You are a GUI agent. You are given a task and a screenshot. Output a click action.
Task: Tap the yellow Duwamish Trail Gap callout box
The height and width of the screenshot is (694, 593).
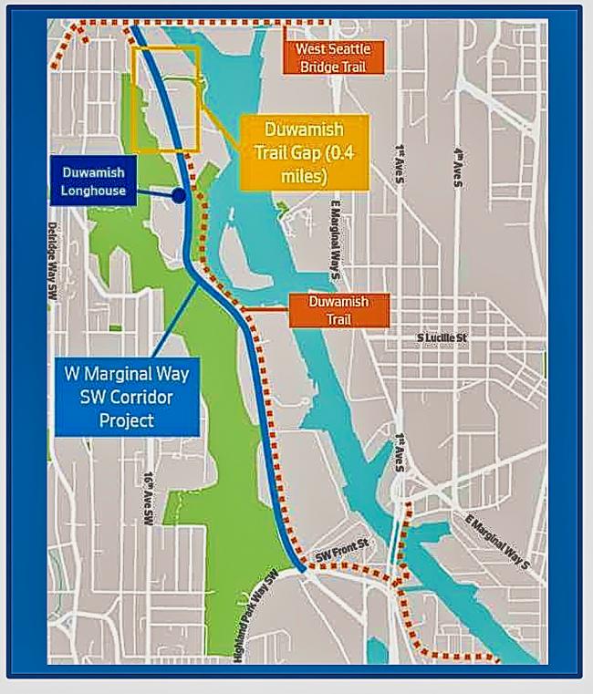coord(306,151)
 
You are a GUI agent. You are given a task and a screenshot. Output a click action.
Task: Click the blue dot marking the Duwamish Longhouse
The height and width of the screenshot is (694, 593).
coord(179,194)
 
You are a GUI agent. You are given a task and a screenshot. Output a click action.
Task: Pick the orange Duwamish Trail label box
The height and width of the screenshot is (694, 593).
coord(338,309)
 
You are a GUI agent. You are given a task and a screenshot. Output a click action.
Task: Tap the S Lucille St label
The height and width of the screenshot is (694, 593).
coord(442,338)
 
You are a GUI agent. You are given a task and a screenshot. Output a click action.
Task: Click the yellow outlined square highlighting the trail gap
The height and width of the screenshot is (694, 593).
coord(166,99)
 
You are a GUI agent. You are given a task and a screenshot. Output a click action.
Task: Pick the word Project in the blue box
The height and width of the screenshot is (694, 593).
coord(127,420)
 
